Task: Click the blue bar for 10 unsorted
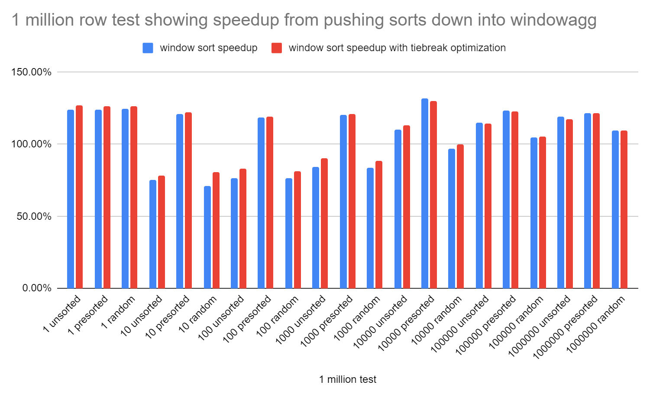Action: pos(153,234)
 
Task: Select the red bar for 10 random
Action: pos(216,230)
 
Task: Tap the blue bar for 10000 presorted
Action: pos(425,193)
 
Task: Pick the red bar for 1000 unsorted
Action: pos(324,223)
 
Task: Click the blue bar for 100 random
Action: pos(289,233)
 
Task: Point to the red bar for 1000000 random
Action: pos(624,209)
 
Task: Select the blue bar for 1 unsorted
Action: pos(71,199)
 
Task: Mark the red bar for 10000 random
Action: pos(460,216)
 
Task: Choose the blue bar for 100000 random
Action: pos(534,213)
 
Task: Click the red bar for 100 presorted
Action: pos(270,202)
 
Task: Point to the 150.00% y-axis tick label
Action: pos(31,72)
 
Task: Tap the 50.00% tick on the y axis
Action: pos(34,216)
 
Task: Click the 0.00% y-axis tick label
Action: pos(37,288)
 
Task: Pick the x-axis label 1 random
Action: pos(118,312)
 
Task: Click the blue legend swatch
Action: pos(148,48)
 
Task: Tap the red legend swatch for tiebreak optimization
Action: pos(277,48)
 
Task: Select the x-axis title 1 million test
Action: pos(348,379)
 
